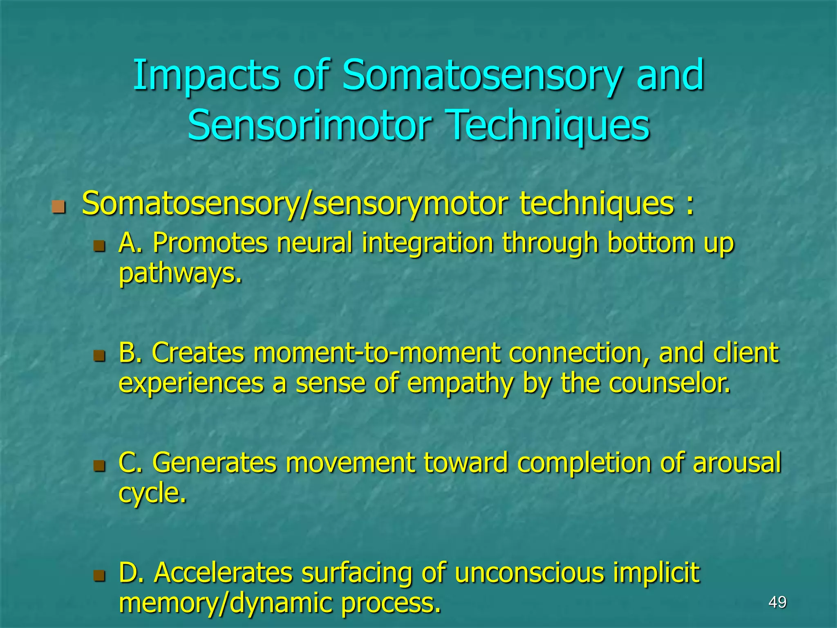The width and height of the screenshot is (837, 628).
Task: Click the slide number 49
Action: pyautogui.click(x=777, y=602)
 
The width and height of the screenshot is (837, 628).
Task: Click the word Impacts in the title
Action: pyautogui.click(x=206, y=76)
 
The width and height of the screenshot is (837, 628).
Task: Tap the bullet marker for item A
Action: pyautogui.click(x=99, y=246)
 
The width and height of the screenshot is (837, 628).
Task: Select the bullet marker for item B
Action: pyautogui.click(x=99, y=355)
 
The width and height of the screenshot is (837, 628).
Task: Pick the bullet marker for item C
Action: pyautogui.click(x=99, y=465)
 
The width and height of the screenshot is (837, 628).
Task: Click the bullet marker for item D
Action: pyautogui.click(x=99, y=576)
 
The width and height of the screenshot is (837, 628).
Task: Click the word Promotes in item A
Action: pyautogui.click(x=210, y=243)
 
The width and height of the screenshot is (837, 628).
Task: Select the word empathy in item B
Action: pyautogui.click(x=460, y=384)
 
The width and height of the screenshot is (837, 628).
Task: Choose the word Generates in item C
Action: pyautogui.click(x=214, y=463)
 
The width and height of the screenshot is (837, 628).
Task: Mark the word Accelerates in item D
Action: pyautogui.click(x=223, y=573)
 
